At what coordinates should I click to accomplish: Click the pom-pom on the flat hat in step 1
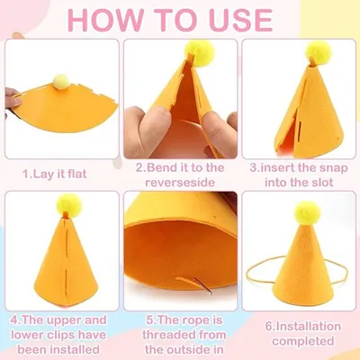tap(61, 82)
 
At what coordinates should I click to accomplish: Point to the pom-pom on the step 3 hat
tap(319, 53)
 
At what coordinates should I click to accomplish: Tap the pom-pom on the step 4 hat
tap(69, 205)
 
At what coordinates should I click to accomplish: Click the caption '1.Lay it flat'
tap(55, 174)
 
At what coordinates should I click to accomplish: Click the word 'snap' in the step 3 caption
tap(332, 168)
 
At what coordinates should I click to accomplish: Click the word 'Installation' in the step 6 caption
tap(306, 326)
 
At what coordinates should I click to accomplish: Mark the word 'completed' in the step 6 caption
tap(303, 341)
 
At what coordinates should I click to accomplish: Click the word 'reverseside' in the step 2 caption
tap(180, 183)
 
